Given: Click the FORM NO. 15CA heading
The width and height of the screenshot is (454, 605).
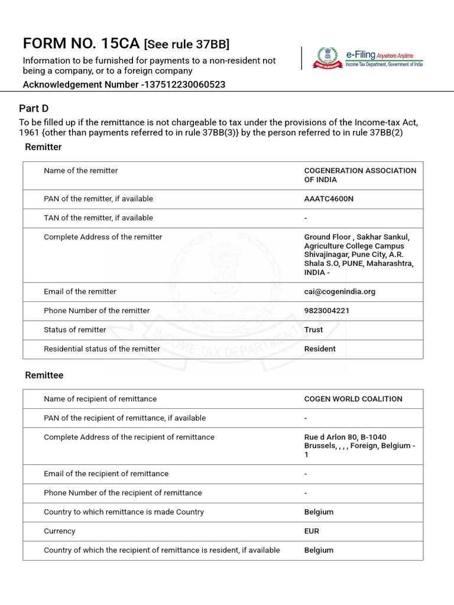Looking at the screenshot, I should click(x=81, y=44).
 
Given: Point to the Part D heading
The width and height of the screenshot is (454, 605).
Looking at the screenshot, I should click(x=34, y=108).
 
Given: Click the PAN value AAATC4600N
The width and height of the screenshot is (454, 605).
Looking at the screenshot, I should click(x=329, y=199).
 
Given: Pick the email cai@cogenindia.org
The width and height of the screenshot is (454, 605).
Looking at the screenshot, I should click(x=339, y=291).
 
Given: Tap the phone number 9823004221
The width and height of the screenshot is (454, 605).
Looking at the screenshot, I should click(x=326, y=310).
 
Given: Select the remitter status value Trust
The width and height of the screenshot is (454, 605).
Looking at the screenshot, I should click(x=313, y=330).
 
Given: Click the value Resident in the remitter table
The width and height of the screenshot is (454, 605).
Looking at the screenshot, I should click(x=320, y=349).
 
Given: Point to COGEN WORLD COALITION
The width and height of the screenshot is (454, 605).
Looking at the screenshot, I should click(x=353, y=399).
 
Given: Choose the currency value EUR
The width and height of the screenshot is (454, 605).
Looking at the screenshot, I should click(x=312, y=531).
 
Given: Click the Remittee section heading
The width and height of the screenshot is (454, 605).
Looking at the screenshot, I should click(x=44, y=375).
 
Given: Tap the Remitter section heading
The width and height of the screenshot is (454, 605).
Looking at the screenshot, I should click(x=43, y=147).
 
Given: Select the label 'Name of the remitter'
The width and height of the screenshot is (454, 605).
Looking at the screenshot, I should click(x=80, y=170).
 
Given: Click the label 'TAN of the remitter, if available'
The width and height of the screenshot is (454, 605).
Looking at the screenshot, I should click(x=98, y=217).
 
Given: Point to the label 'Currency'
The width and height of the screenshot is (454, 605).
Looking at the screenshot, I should click(x=59, y=531).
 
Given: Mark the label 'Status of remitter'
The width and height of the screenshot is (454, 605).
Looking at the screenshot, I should click(x=74, y=330).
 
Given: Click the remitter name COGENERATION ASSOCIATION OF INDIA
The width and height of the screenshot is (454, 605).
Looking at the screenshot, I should click(x=360, y=175).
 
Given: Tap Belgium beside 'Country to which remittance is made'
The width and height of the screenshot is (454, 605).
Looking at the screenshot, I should click(x=319, y=512).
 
